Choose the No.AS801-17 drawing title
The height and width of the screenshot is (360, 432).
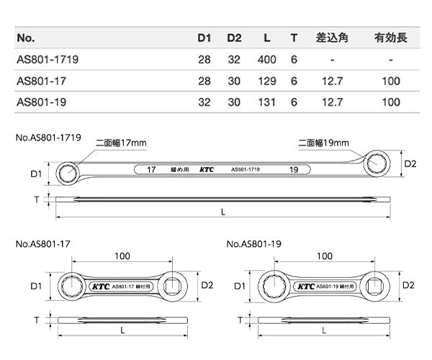(42, 245)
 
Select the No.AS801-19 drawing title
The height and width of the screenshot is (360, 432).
(255, 245)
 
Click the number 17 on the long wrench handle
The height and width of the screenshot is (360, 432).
(152, 171)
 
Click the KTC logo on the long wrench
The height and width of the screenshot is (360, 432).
(205, 171)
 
